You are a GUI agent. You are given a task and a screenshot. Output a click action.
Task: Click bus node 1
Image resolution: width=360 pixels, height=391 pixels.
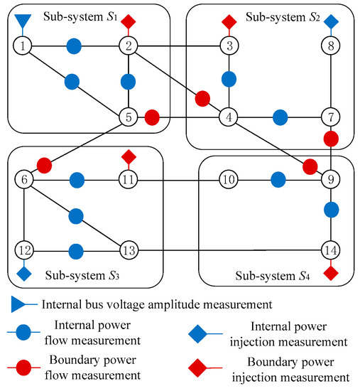coord(24,47)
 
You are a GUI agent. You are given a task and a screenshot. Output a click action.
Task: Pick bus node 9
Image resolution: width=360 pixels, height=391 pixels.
coord(331,181)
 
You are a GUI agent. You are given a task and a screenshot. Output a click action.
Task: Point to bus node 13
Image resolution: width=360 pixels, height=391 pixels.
coord(129,250)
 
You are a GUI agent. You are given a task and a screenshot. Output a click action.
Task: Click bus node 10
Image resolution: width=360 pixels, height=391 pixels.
coord(228,181)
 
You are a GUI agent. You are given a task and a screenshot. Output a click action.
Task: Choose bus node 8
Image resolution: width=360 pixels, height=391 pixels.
coord(331,47)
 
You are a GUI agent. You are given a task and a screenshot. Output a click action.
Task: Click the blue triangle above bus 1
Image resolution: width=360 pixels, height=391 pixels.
coord(23,19)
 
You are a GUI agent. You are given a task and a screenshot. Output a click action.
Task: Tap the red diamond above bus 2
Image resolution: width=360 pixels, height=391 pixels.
coord(129,22)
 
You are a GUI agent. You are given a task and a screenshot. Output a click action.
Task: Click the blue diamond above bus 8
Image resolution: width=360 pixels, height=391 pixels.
coord(331,22)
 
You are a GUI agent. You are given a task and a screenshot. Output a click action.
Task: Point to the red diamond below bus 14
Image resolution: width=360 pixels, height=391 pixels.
coord(331,273)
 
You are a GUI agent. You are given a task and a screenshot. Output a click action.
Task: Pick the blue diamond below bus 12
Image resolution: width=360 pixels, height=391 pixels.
coord(24,273)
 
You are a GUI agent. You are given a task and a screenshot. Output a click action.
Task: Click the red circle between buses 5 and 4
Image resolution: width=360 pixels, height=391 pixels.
coord(153,115)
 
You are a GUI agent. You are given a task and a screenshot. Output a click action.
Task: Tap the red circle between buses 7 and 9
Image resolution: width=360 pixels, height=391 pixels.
coord(331,137)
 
